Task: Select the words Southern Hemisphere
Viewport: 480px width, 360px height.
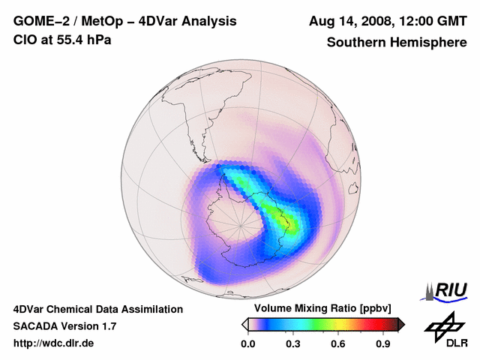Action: [x=396, y=43]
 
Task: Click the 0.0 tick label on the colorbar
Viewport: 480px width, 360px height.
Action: [x=247, y=344]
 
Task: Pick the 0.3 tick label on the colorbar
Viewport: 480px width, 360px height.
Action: [x=292, y=344]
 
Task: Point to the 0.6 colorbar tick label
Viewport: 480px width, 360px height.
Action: [x=338, y=344]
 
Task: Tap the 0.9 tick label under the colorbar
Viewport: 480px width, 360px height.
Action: [x=384, y=344]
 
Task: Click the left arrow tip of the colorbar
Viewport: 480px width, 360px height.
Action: [x=244, y=324]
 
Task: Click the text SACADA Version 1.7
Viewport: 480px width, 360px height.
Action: [x=64, y=326]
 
